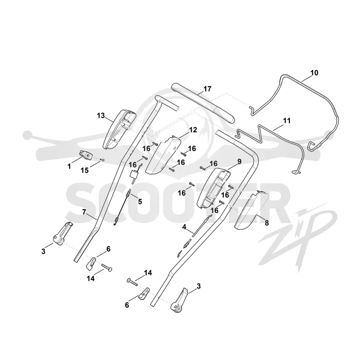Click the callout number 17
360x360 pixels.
[x=207, y=89]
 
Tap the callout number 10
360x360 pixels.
[x=314, y=73]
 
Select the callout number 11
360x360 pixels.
[x=287, y=121]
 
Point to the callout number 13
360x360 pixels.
[x=101, y=116]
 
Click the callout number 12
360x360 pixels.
[x=193, y=130]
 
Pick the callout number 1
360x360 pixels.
[x=69, y=166]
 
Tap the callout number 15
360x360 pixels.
[x=85, y=170]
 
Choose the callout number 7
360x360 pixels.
[x=84, y=212]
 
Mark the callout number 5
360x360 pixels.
[x=140, y=202]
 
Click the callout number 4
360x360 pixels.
[x=184, y=227]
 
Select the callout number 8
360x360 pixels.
[x=266, y=223]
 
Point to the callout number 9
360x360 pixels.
[x=239, y=162]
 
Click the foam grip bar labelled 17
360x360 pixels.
[x=203, y=103]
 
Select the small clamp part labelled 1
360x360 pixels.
[x=86, y=155]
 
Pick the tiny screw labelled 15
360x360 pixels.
[x=103, y=160]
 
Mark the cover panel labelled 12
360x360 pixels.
[x=162, y=154]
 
